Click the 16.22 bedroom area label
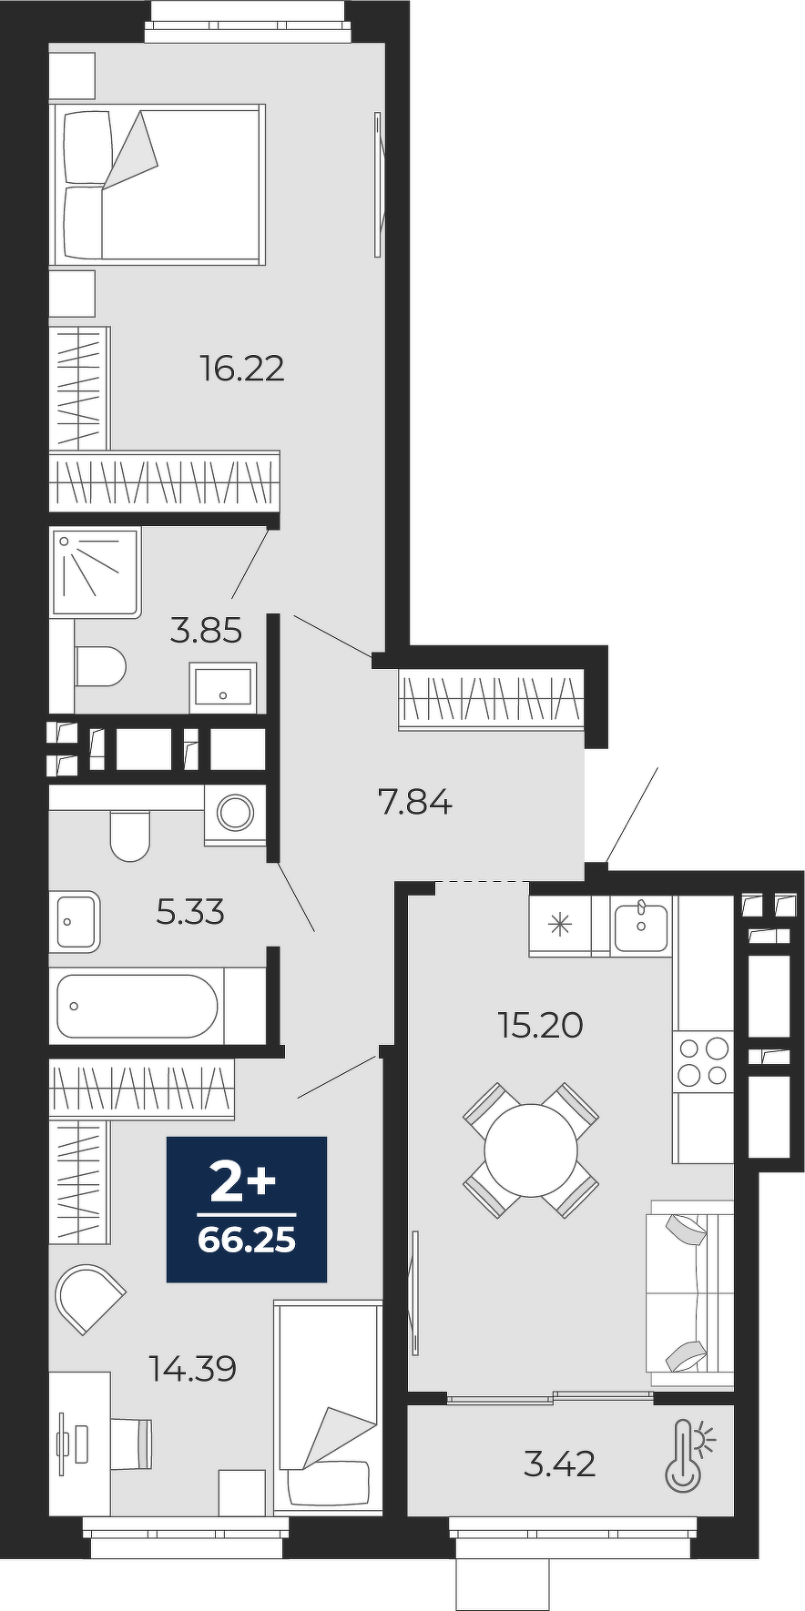[x=242, y=369]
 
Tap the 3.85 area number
[x=207, y=630]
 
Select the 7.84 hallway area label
[x=415, y=803]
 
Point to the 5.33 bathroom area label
[x=190, y=911]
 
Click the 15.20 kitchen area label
[x=540, y=1025]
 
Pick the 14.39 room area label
[x=194, y=1368]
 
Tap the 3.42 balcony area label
[x=560, y=1464]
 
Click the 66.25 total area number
[x=247, y=1240]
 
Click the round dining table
[x=531, y=1150]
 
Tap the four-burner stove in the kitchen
[x=703, y=1061]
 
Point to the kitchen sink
[x=641, y=926]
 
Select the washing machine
[x=235, y=813]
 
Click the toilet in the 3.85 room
[x=99, y=667]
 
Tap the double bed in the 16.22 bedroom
[x=158, y=185]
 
